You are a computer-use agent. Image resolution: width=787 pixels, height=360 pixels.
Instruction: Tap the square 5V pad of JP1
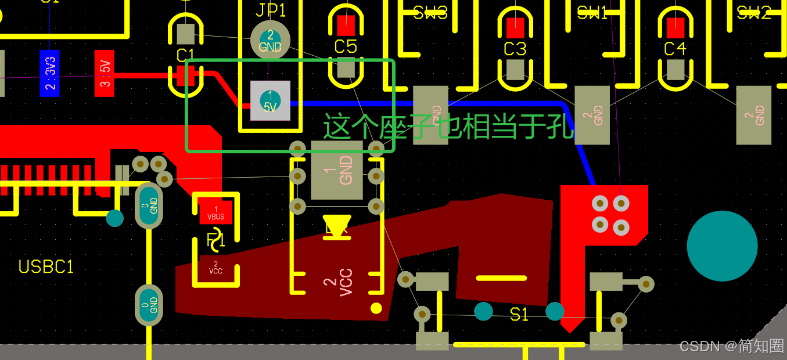pos(270,100)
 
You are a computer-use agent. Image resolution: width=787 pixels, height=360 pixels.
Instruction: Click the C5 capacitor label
pos(346,46)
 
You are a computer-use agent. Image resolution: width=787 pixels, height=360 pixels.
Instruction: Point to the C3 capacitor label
pos(515,49)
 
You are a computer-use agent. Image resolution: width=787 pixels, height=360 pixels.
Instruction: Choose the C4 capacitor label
pos(675,48)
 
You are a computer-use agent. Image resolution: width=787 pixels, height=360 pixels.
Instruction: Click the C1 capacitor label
pos(185,55)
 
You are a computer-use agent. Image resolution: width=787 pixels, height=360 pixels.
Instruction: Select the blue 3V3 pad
pos(49,73)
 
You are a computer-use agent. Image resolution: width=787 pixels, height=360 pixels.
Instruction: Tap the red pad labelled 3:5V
pos(105,73)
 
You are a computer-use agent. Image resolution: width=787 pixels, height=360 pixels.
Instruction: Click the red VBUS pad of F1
pos(215,213)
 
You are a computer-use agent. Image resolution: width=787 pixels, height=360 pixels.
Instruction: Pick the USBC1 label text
pos(46,267)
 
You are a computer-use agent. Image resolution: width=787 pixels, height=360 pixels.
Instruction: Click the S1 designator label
pos(519,315)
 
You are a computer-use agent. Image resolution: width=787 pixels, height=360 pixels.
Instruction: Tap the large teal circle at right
pos(722,246)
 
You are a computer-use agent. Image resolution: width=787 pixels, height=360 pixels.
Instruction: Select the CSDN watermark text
pos(731,346)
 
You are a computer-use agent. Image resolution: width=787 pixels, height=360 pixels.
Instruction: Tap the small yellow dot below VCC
pos(376,308)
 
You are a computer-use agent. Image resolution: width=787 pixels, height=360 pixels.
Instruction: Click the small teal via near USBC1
pos(115,218)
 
